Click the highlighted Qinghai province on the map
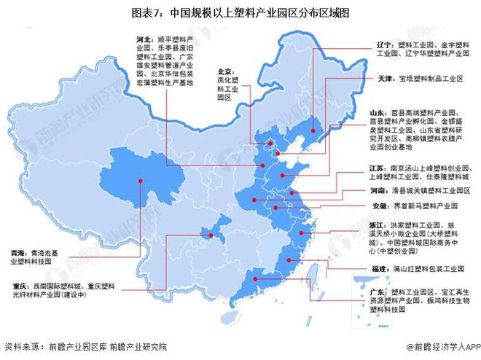point(146,182)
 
